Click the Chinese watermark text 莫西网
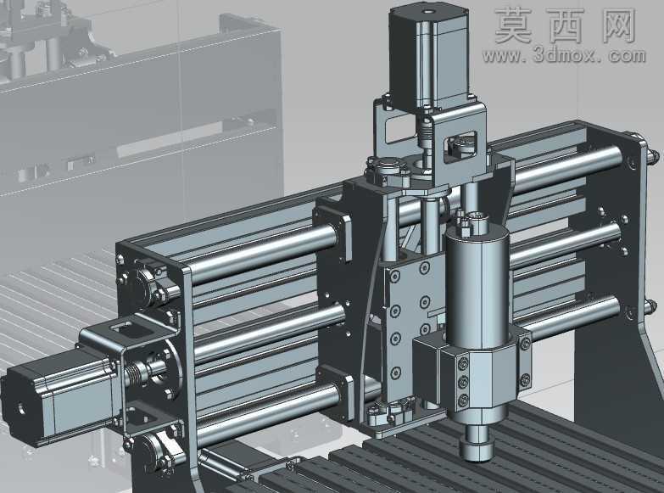click(566, 25)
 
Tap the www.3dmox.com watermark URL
click(564, 55)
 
